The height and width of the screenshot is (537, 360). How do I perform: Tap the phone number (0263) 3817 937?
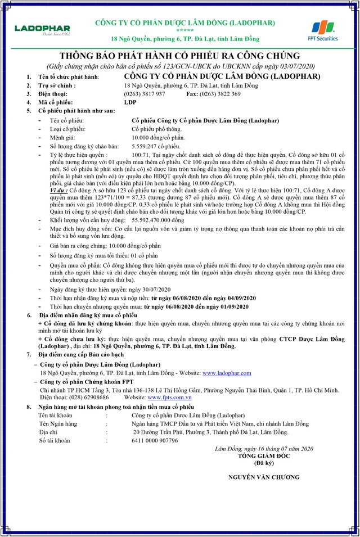145,94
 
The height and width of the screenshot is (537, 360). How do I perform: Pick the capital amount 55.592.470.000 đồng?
157,206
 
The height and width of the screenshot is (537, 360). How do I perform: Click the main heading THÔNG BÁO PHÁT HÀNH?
179,57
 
